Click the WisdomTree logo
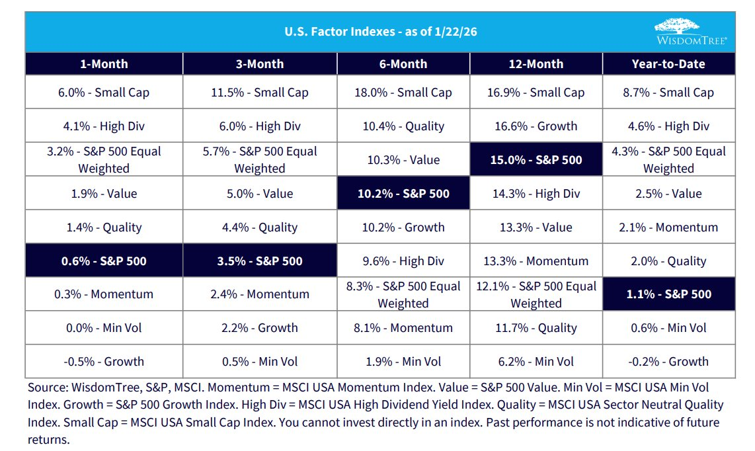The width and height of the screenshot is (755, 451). coord(690,31)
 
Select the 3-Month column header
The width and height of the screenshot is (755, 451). coord(260,64)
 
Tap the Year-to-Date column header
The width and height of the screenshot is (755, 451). coord(668,64)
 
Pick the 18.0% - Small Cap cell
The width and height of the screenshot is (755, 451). coord(403,93)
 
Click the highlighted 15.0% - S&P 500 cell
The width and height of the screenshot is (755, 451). coord(536,160)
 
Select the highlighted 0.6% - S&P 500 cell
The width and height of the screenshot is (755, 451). coord(104,261)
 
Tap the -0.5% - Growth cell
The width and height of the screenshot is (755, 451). coord(104,362)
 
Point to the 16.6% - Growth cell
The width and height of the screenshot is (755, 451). coord(536,126)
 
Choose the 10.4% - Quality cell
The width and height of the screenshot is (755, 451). coord(403,126)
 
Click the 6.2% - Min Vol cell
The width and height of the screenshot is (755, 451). coord(536,362)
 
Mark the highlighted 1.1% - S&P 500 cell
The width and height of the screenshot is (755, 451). coord(668,294)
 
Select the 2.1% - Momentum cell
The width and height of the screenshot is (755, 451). coord(668,227)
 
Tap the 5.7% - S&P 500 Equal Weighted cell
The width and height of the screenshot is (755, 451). coord(260,160)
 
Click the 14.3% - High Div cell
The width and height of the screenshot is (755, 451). coord(536,194)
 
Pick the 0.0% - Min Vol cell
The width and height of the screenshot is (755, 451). coord(104,328)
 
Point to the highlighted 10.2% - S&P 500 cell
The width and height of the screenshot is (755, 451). coord(403,194)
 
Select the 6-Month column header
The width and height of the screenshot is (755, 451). coord(403,64)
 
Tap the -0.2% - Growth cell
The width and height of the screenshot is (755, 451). coord(668,362)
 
